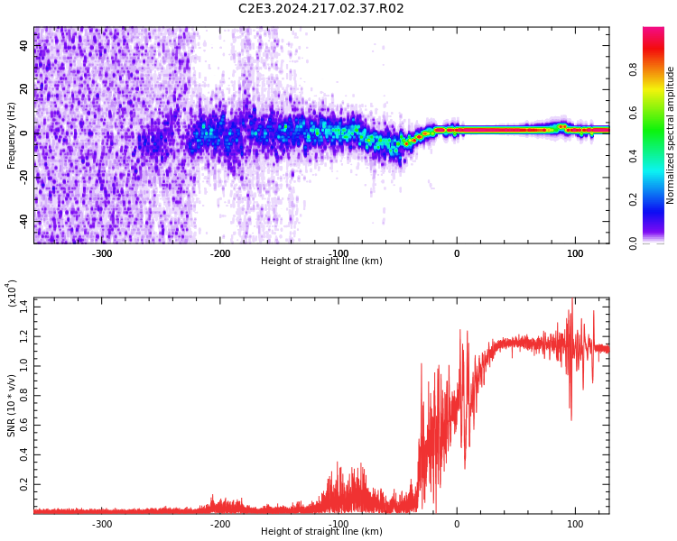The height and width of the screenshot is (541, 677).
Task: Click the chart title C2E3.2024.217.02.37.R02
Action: [x=320, y=9]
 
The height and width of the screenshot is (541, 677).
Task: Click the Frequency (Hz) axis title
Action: [x=12, y=135]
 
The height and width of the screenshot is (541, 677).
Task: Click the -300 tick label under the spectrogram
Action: [x=102, y=253]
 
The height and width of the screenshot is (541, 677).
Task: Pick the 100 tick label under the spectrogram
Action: [x=575, y=253]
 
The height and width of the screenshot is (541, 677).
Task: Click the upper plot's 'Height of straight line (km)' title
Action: [x=321, y=261]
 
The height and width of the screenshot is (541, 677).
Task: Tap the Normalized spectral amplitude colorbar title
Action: [x=671, y=135]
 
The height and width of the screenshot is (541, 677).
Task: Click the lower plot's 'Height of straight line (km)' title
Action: [x=321, y=532]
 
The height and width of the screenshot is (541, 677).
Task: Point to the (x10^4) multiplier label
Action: [x=12, y=294]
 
